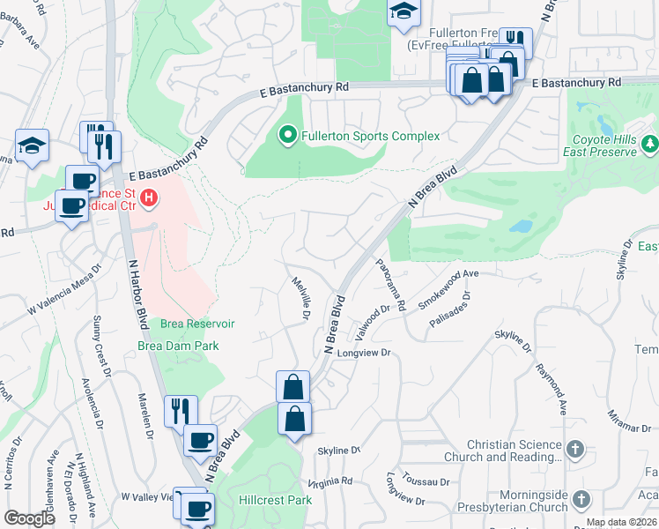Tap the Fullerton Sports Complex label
370,137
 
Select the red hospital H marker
150,197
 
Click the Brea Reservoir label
197,324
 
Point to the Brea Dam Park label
178,346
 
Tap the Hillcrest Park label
275,499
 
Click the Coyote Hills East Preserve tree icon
649,143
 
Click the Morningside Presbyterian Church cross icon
581,500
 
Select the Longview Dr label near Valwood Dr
363,354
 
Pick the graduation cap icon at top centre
404,11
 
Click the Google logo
30,518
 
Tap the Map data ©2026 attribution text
620,522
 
